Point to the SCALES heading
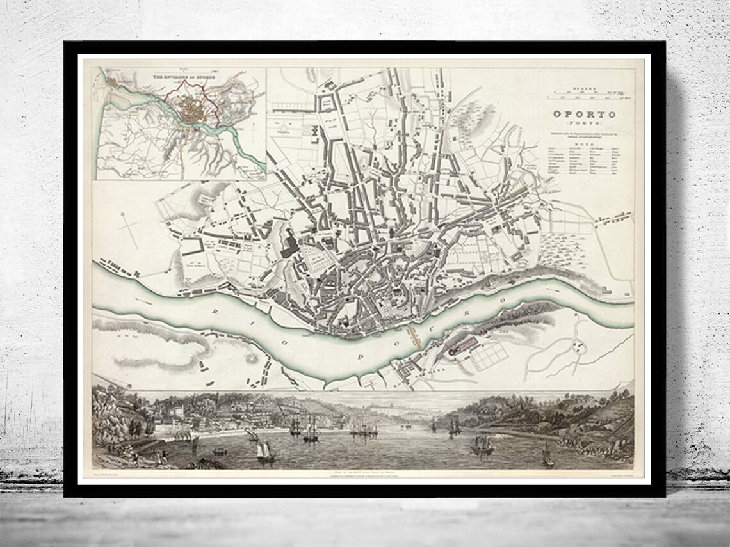point(585,91)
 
